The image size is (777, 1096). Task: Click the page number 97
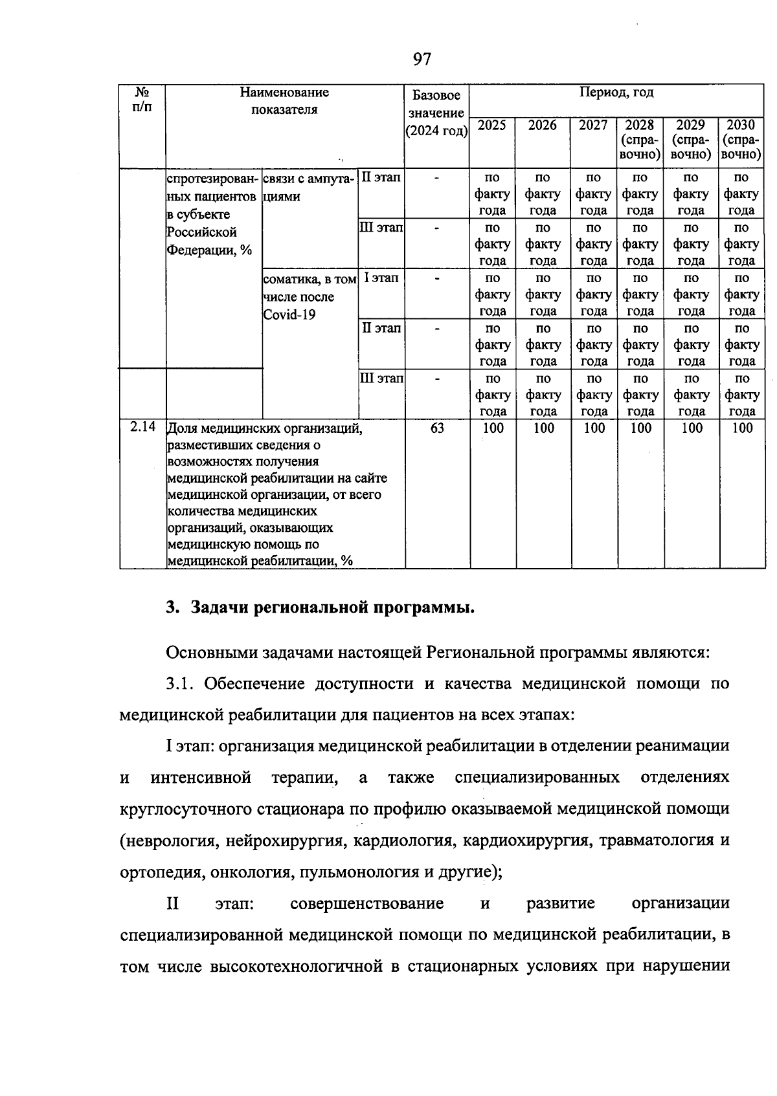(x=421, y=60)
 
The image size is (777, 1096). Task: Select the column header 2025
(x=491, y=126)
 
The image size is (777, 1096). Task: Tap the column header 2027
(x=593, y=126)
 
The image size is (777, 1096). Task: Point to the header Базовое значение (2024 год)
(x=436, y=113)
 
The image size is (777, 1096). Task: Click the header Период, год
(x=616, y=93)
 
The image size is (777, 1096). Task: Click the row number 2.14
(x=142, y=427)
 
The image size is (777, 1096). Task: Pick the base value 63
(x=437, y=428)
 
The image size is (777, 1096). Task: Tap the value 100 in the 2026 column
(x=543, y=428)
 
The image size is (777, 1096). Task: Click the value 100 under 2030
(x=742, y=428)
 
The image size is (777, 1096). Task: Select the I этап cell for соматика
(x=381, y=278)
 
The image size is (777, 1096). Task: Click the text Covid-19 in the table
(x=289, y=315)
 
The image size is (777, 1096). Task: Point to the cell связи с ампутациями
(x=309, y=186)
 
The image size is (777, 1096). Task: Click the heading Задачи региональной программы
(x=332, y=608)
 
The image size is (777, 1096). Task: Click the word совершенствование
(x=367, y=903)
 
